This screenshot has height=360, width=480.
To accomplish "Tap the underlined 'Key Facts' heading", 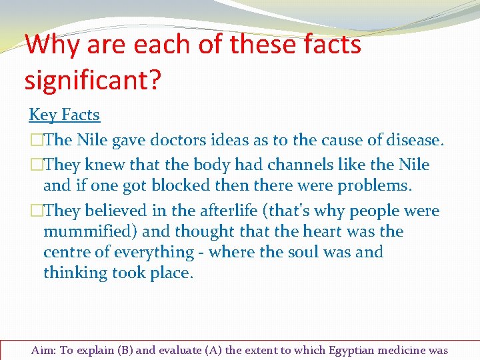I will [x=64, y=115].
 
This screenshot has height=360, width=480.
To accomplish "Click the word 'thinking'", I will [x=75, y=273].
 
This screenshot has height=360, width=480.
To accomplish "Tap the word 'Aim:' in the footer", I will [x=44, y=351].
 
